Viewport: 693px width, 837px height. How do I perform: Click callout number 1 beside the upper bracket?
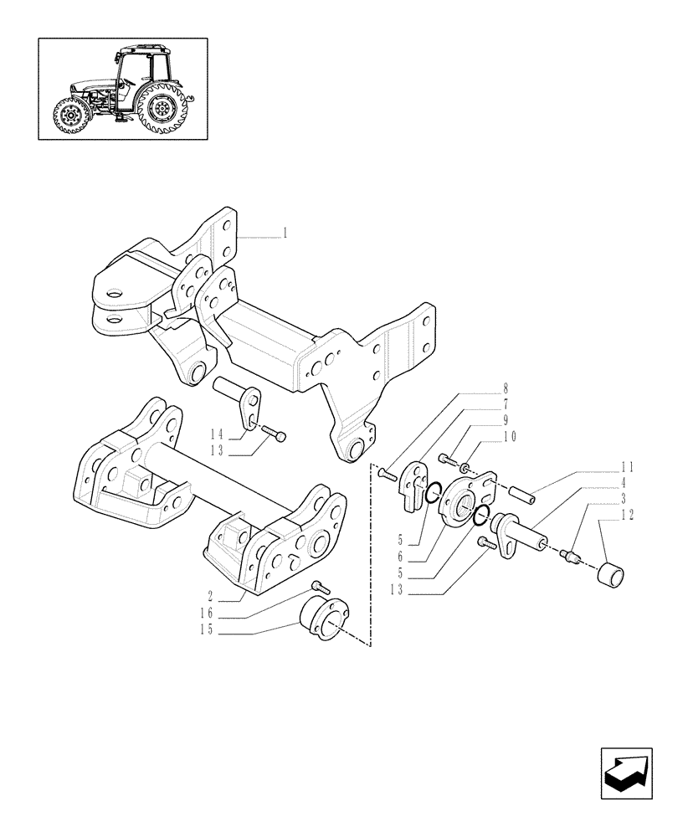pyautogui.click(x=285, y=233)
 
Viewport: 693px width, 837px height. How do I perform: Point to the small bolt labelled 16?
pyautogui.click(x=317, y=586)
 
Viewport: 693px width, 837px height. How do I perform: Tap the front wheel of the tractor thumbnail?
pyautogui.click(x=69, y=116)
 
